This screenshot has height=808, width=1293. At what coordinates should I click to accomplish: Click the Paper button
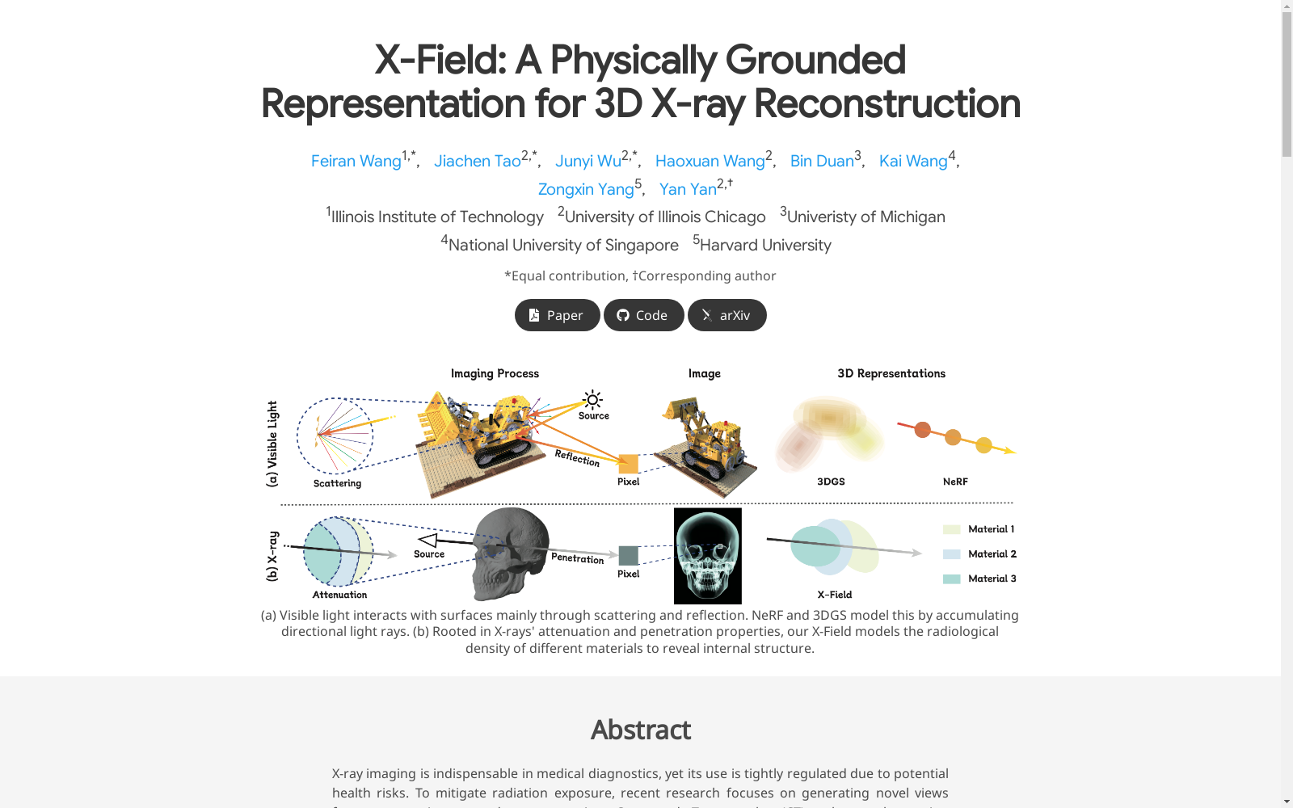click(557, 315)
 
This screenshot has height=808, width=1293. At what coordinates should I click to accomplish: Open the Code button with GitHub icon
click(643, 315)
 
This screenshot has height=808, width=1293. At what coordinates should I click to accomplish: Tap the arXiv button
click(727, 315)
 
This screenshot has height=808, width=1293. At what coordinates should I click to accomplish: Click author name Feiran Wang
click(356, 161)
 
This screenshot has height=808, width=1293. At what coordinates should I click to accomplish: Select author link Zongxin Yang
click(586, 189)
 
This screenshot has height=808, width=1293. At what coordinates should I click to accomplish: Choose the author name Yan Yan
click(688, 189)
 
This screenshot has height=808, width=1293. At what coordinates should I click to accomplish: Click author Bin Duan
click(821, 161)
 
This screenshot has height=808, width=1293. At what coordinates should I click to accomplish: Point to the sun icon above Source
click(592, 399)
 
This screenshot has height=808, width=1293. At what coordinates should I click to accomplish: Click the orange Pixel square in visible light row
click(628, 464)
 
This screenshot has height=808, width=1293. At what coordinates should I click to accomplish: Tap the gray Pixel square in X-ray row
click(628, 555)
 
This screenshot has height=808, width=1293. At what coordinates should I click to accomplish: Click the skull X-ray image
click(708, 556)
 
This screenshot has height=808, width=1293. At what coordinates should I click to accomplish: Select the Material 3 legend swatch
click(951, 579)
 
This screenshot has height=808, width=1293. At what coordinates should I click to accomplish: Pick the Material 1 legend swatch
click(951, 529)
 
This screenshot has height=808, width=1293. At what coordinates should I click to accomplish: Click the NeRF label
click(955, 482)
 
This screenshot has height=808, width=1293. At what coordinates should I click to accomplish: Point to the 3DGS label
click(831, 482)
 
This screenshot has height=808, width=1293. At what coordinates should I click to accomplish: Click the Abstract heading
click(640, 730)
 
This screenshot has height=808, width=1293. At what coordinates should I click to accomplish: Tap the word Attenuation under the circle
click(339, 595)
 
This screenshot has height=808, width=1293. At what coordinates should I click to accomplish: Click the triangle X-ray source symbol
click(427, 541)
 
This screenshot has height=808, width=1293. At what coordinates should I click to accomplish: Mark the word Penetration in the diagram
click(577, 558)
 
